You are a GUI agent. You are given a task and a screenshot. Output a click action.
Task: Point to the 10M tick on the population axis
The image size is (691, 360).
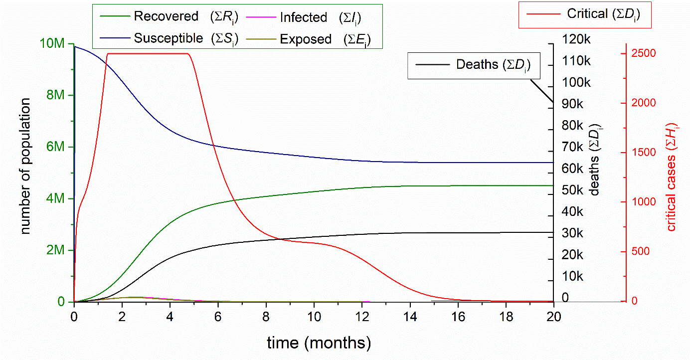tap(52, 44)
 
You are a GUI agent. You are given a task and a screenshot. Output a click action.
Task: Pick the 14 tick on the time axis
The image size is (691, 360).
tap(410, 317)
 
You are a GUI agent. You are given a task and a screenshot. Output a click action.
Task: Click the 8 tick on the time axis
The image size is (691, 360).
tap(266, 317)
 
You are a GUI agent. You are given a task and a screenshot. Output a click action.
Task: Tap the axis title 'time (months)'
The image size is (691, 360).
tap(319, 343)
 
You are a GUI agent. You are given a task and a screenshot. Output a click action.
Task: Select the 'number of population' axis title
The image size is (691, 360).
tap(26, 166)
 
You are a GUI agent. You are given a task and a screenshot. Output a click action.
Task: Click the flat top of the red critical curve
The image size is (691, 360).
tap(147, 53)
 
